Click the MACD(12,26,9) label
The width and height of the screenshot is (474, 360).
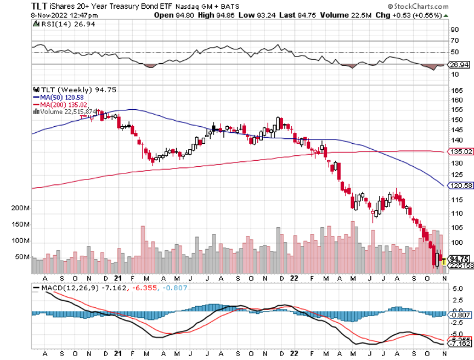(64, 288)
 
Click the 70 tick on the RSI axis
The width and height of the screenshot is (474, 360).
(454, 41)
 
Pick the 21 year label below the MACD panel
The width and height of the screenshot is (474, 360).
(119, 355)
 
